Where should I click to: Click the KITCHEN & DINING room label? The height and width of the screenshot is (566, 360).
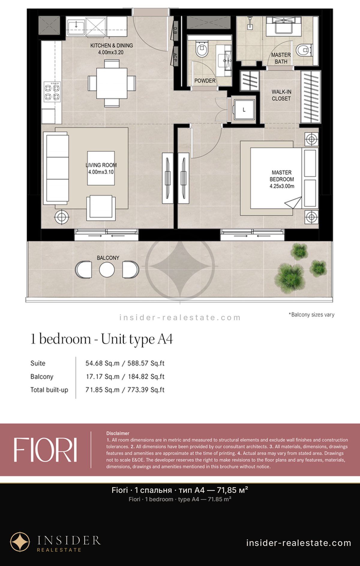pos(112,49)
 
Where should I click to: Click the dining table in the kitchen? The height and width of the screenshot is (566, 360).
pos(112,83)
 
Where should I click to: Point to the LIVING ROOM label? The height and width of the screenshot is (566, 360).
pos(101,168)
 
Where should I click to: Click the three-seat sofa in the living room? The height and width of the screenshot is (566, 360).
pos(56,168)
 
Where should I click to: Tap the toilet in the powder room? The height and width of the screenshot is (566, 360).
pos(202,49)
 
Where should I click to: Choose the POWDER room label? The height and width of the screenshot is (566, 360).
pos(205,81)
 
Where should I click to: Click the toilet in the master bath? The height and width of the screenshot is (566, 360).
pos(304,50)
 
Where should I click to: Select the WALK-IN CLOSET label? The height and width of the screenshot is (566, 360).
pos(281,95)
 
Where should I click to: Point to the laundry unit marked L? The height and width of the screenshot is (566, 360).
pos(244,110)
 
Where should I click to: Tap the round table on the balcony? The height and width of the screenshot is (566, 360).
pos(107,270)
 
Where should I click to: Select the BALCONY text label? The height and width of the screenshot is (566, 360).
pos(108,258)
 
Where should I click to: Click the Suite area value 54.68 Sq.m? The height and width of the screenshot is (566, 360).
pos(102,363)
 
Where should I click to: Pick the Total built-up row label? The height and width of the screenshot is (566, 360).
pos(49,390)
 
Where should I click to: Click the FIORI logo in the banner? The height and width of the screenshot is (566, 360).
pos(45,450)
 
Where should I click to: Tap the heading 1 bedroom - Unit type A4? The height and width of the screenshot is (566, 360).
pos(102,339)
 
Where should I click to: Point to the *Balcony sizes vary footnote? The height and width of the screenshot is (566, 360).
pos(311,315)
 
